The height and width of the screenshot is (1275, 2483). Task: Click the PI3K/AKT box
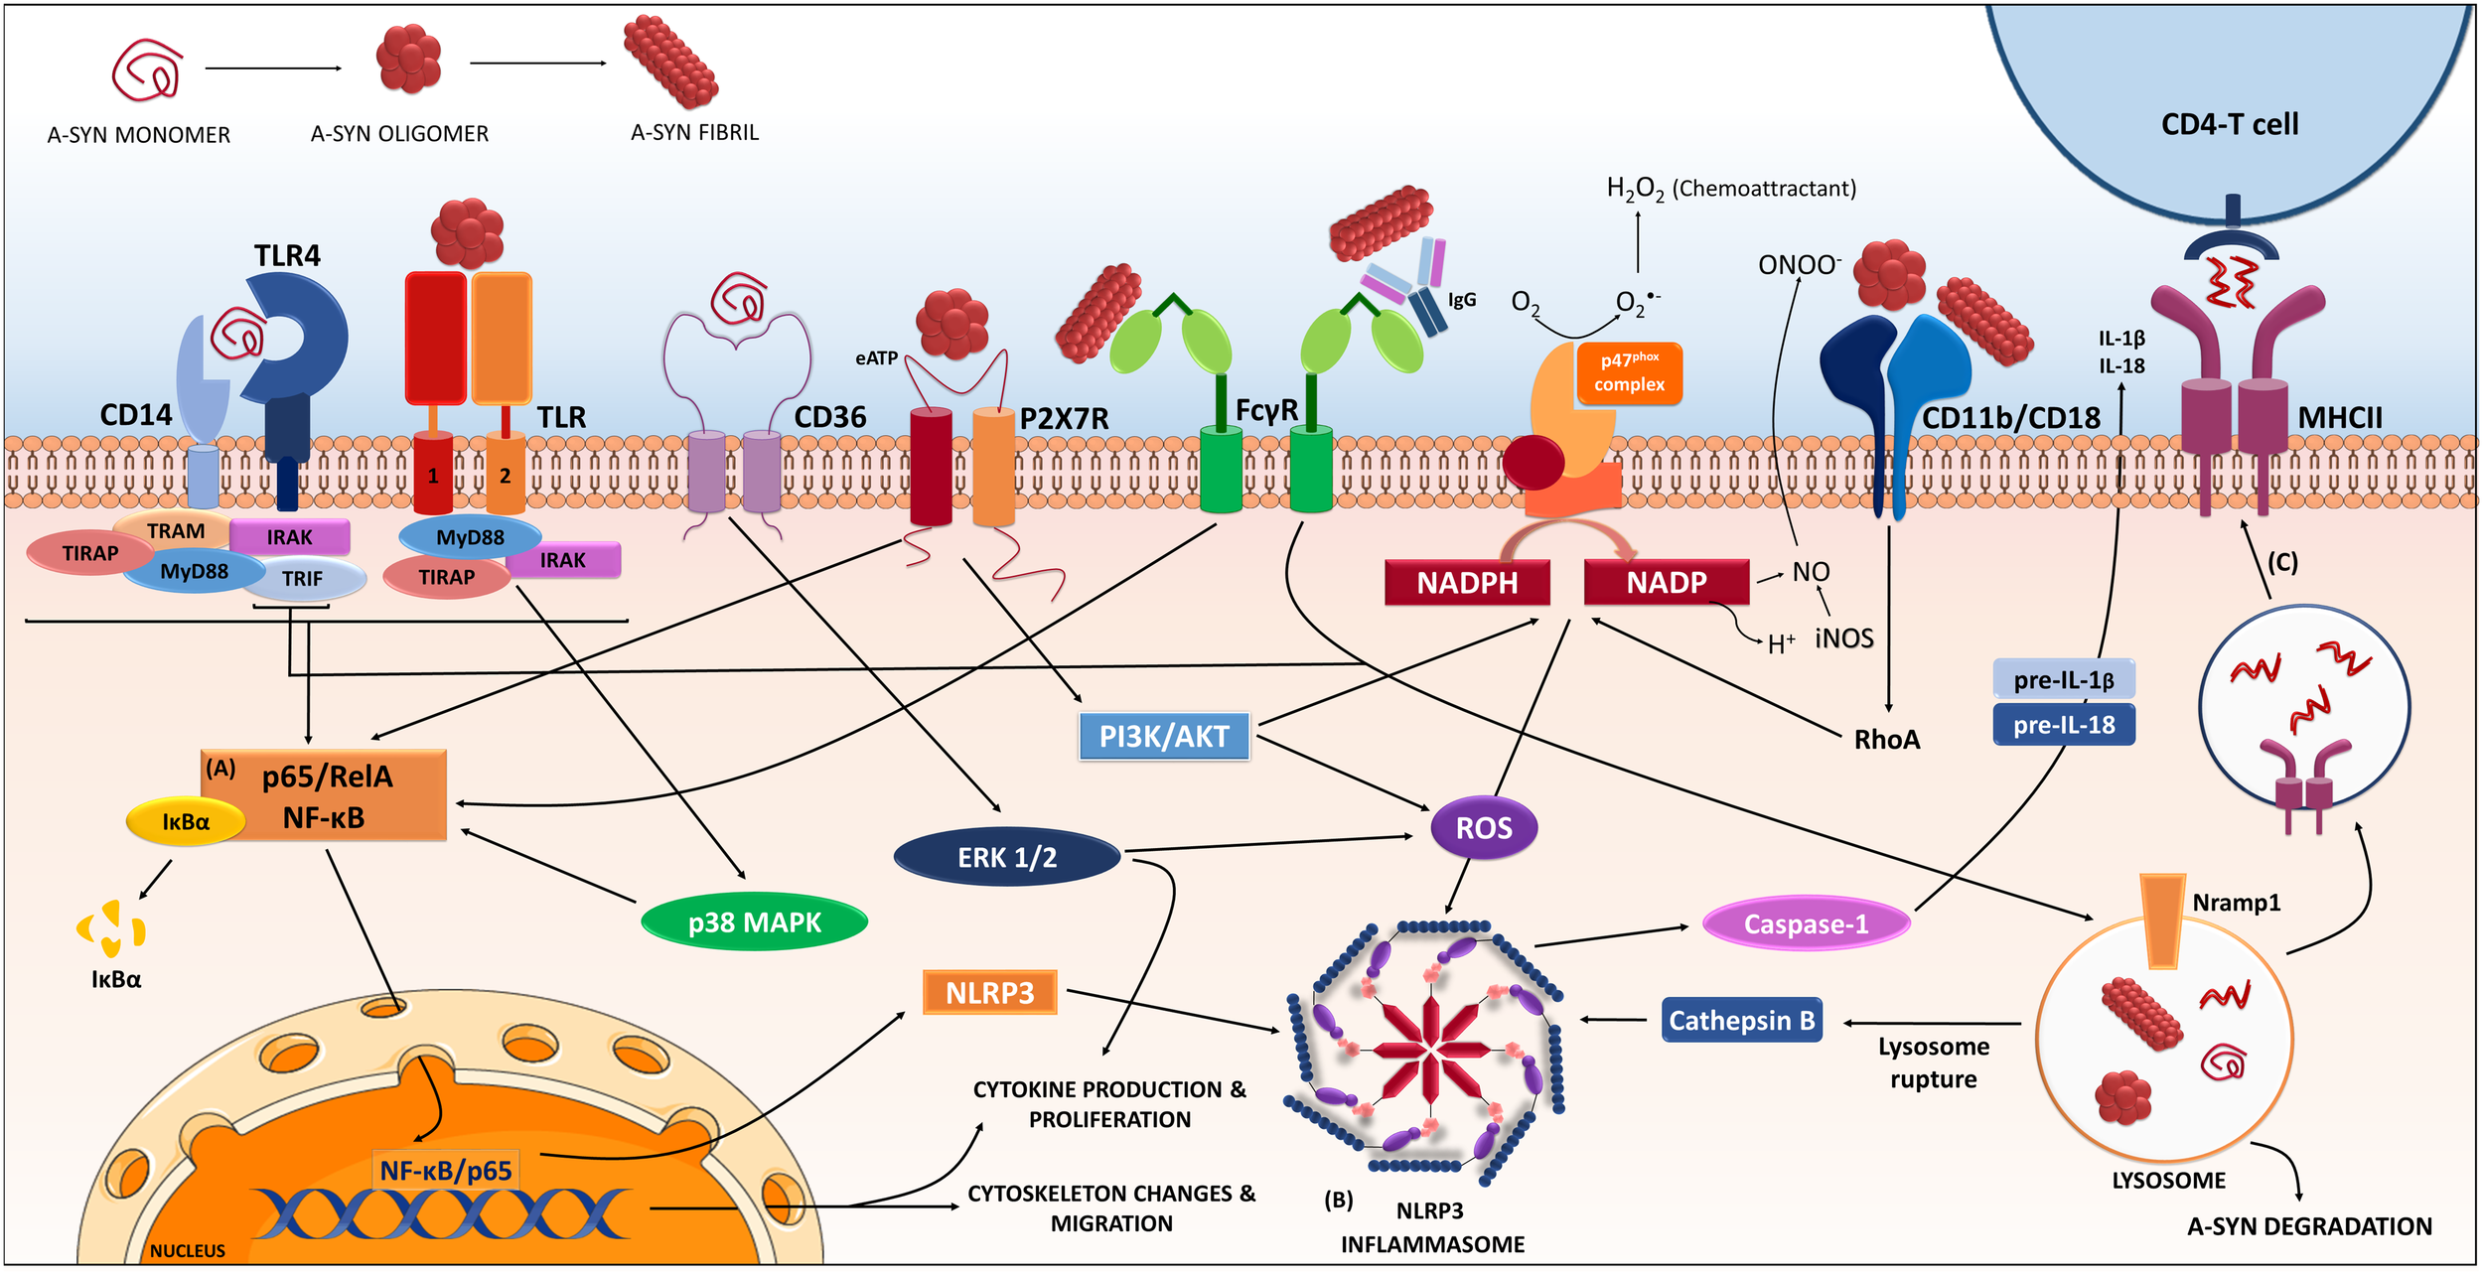click(1164, 736)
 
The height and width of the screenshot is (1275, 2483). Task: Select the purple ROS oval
click(1484, 827)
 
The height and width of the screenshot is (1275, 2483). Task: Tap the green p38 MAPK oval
click(755, 922)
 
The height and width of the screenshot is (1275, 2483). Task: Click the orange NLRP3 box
click(990, 992)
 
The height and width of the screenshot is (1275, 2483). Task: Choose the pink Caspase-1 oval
click(1806, 923)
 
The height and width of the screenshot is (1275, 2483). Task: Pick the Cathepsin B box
click(1741, 1020)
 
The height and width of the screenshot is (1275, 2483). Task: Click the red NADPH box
click(1467, 582)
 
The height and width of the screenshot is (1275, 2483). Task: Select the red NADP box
click(1666, 582)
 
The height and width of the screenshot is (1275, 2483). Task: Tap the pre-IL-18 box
click(2063, 725)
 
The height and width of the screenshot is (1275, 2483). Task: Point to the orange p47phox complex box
click(1629, 373)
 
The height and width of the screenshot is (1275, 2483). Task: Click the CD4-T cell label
click(2230, 124)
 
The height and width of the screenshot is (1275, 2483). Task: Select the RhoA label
click(1887, 740)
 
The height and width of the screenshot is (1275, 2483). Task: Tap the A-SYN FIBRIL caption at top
click(694, 132)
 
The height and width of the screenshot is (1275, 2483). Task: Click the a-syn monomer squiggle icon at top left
click(147, 70)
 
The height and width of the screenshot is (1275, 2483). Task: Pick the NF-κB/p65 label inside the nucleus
click(446, 1171)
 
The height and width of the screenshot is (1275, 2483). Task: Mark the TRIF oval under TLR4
click(303, 579)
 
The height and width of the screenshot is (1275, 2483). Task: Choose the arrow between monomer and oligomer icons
click(273, 69)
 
